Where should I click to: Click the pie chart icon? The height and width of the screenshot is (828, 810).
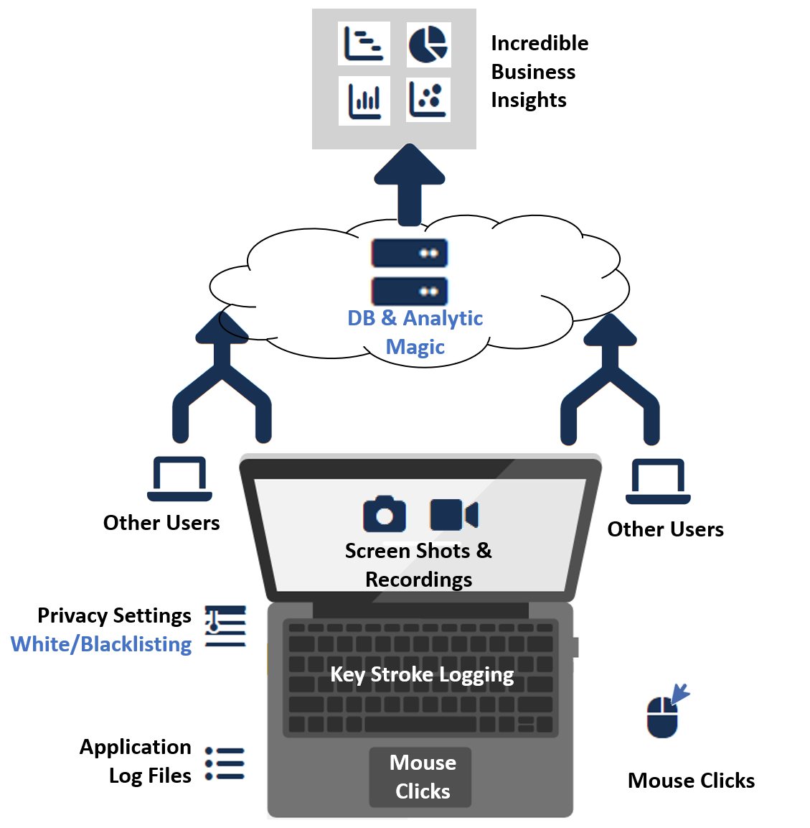click(x=428, y=44)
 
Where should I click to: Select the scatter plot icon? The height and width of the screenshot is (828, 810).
click(x=428, y=99)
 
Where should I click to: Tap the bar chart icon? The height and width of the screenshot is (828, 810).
click(x=364, y=101)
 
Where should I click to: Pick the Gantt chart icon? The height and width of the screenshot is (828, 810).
click(x=364, y=44)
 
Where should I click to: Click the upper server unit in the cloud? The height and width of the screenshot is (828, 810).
click(x=410, y=253)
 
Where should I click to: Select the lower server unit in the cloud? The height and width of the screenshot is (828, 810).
click(x=410, y=291)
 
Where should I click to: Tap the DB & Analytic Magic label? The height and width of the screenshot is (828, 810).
click(x=415, y=332)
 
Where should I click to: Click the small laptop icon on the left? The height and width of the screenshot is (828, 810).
click(x=179, y=479)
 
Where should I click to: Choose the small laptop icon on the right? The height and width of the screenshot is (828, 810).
click(x=658, y=482)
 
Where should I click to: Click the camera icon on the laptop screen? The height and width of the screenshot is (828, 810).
click(x=384, y=514)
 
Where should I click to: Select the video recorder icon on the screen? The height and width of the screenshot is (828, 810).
click(x=453, y=515)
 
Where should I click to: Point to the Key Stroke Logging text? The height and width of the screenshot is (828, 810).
click(x=422, y=675)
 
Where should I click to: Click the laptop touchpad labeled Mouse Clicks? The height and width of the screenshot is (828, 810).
click(x=421, y=777)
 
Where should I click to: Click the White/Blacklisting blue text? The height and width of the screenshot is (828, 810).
click(x=101, y=644)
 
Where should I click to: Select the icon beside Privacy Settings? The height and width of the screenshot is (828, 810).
click(x=225, y=626)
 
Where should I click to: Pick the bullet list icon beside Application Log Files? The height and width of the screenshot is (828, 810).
click(x=225, y=763)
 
